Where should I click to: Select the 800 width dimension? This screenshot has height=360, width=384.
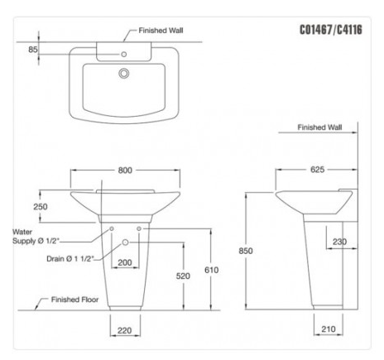pyautogui.click(x=125, y=170)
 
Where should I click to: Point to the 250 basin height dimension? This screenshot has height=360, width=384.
pyautogui.click(x=41, y=207)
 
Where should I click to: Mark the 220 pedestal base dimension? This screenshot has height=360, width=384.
pyautogui.click(x=124, y=330)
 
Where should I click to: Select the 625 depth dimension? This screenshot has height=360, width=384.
pyautogui.click(x=316, y=170)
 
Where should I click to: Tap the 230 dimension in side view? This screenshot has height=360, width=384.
pyautogui.click(x=339, y=242)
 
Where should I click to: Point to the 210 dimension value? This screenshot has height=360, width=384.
pyautogui.click(x=328, y=330)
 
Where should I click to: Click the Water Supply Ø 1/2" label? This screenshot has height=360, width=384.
pyautogui.click(x=35, y=237)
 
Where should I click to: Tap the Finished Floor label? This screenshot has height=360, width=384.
pyautogui.click(x=76, y=300)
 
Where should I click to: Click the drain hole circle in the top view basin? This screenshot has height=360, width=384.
pyautogui.click(x=125, y=73)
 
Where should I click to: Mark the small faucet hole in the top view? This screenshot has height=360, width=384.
pyautogui.click(x=125, y=55)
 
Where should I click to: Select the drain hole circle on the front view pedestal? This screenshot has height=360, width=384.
pyautogui.click(x=125, y=242)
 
